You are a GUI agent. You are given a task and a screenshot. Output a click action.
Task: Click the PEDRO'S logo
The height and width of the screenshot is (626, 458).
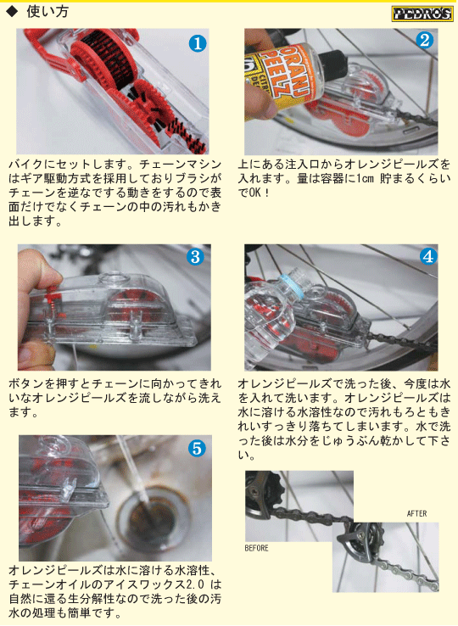point(422,14)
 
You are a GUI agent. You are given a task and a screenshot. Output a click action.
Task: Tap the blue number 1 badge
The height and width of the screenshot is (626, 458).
point(198,43)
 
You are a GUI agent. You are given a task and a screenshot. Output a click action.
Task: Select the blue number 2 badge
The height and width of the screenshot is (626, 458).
point(424,40)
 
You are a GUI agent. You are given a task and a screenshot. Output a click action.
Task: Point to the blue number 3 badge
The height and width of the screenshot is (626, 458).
point(195,257)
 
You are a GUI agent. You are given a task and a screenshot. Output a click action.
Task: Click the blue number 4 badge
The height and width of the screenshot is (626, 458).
point(428,256)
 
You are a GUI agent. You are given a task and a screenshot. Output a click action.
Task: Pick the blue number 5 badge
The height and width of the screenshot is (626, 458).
point(197,449)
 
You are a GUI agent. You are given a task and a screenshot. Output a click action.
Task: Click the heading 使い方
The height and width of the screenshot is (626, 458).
point(47,12)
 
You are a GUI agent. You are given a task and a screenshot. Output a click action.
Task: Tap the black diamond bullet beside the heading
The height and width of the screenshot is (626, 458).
point(13,12)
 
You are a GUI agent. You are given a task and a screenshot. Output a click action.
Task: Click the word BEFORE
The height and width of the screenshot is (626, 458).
point(256,548)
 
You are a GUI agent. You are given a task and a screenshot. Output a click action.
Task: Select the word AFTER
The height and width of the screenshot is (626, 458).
point(416,513)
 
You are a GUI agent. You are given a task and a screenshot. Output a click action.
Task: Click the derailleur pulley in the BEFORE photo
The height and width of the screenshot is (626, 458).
point(263,489)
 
